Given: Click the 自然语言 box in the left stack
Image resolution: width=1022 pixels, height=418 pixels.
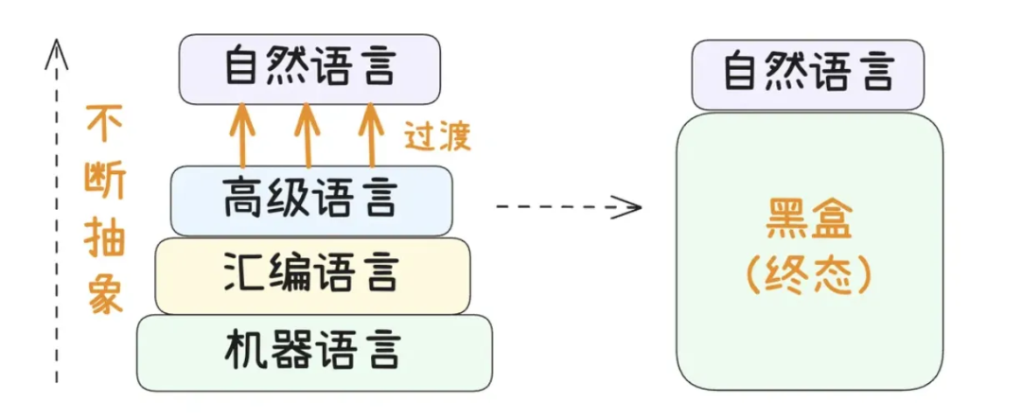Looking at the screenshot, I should tap(310, 69).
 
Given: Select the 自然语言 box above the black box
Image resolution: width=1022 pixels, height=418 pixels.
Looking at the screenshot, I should tap(806, 73).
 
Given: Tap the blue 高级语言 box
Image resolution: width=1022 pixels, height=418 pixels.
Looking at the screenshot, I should tap(310, 200).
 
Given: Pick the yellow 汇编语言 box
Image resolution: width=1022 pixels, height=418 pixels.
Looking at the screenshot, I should tap(312, 274).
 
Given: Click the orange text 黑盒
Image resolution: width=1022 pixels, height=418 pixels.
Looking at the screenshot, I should tap(807, 224).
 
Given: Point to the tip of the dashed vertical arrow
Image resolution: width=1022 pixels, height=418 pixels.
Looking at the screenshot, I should tap(57, 42).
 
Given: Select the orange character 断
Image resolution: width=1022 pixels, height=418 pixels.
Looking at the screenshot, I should tap(103, 180).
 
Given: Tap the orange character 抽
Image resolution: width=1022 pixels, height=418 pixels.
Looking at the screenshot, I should tap(103, 236).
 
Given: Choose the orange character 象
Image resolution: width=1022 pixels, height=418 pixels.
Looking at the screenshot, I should tap(103, 293).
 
